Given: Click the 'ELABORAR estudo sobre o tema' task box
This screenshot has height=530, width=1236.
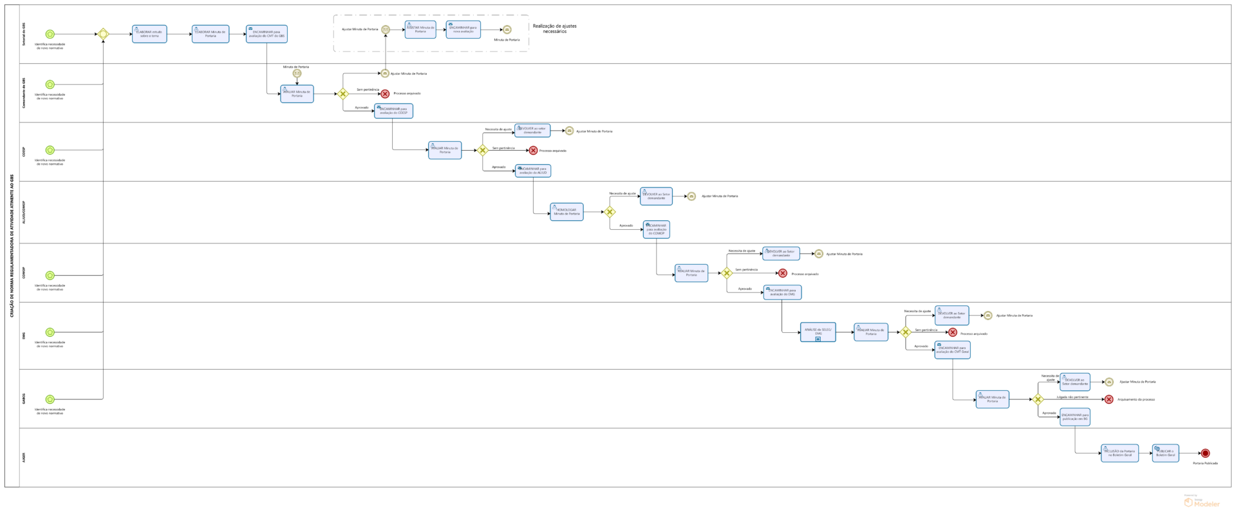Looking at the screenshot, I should (149, 34).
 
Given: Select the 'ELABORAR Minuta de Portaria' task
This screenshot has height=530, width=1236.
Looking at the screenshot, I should (211, 34).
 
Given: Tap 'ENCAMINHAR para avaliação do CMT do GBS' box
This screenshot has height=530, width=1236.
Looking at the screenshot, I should (267, 34).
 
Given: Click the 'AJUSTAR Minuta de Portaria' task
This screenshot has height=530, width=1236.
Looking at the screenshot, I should (420, 30).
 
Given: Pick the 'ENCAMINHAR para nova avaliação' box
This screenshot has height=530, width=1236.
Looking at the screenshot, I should (464, 30).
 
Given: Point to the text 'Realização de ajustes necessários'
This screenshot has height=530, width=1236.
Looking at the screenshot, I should (554, 29).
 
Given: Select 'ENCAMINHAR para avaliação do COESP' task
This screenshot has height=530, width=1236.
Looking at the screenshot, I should (393, 111).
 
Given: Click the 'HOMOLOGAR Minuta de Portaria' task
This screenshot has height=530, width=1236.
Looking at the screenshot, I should (566, 212).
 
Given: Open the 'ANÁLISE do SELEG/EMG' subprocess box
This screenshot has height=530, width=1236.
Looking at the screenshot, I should (818, 332).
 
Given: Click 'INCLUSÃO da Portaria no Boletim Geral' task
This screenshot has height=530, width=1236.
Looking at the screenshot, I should (1119, 453).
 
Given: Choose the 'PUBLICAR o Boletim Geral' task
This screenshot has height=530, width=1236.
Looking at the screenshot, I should (1165, 453).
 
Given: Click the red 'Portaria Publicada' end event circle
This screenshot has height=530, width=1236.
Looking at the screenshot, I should (1205, 453).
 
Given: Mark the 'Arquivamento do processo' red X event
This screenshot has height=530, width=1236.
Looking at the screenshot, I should (1109, 399).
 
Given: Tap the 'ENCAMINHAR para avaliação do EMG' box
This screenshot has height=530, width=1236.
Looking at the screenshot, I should (782, 292).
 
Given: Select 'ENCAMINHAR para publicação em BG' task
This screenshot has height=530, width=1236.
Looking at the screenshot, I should (1074, 417).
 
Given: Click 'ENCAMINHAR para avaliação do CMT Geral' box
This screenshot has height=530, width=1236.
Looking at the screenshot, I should (952, 350).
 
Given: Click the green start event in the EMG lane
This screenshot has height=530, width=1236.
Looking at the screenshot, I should (50, 332).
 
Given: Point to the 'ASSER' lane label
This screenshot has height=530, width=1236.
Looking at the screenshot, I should (24, 457).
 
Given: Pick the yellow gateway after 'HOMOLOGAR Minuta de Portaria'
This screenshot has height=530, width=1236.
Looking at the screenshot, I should (610, 212).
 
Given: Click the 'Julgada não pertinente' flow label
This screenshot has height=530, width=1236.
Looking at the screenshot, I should (1072, 397).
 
